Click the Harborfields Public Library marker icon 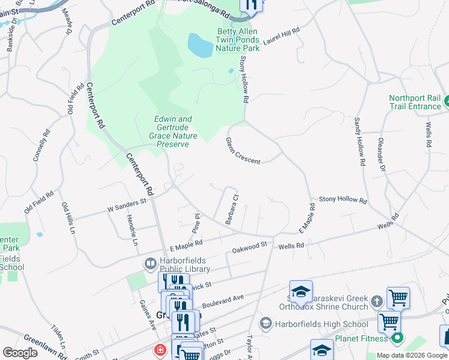coord(150,263)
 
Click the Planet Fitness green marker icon coord(397,338)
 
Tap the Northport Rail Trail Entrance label coord(415,102)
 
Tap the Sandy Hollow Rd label coord(360,142)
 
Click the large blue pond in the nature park coord(200,45)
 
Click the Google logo coord(19,353)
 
